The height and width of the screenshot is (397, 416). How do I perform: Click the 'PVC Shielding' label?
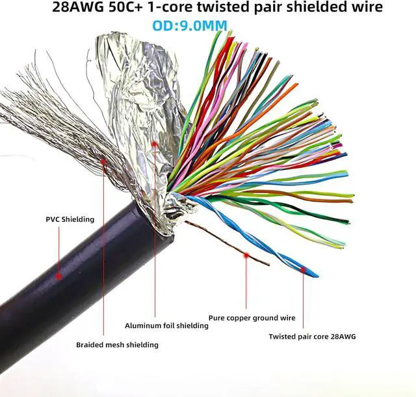(x=70, y=219)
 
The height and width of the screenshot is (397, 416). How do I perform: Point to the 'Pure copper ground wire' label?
(x=252, y=318)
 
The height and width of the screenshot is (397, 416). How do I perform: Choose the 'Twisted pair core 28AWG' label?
(x=313, y=336)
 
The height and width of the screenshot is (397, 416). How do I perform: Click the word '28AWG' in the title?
(x=75, y=8)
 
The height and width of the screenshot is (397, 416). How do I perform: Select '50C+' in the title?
(x=124, y=8)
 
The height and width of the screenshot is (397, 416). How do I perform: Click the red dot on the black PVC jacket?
(x=58, y=276)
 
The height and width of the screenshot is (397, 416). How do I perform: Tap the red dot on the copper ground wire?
(x=246, y=256)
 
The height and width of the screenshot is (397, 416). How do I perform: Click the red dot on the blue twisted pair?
(x=304, y=266)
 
